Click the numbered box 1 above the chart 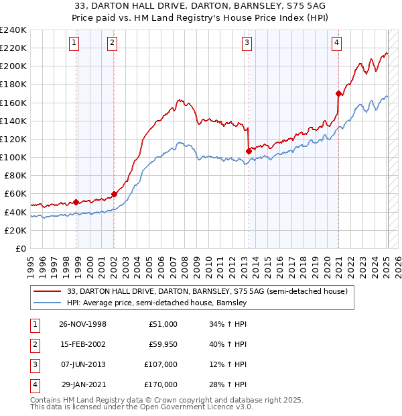73,43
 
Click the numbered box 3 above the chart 247,43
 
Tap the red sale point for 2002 114,194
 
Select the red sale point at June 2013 248,151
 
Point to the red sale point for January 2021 338,93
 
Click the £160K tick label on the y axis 13,103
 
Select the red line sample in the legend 48,291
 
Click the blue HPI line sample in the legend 48,303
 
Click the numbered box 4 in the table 34,384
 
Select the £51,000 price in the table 163,324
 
